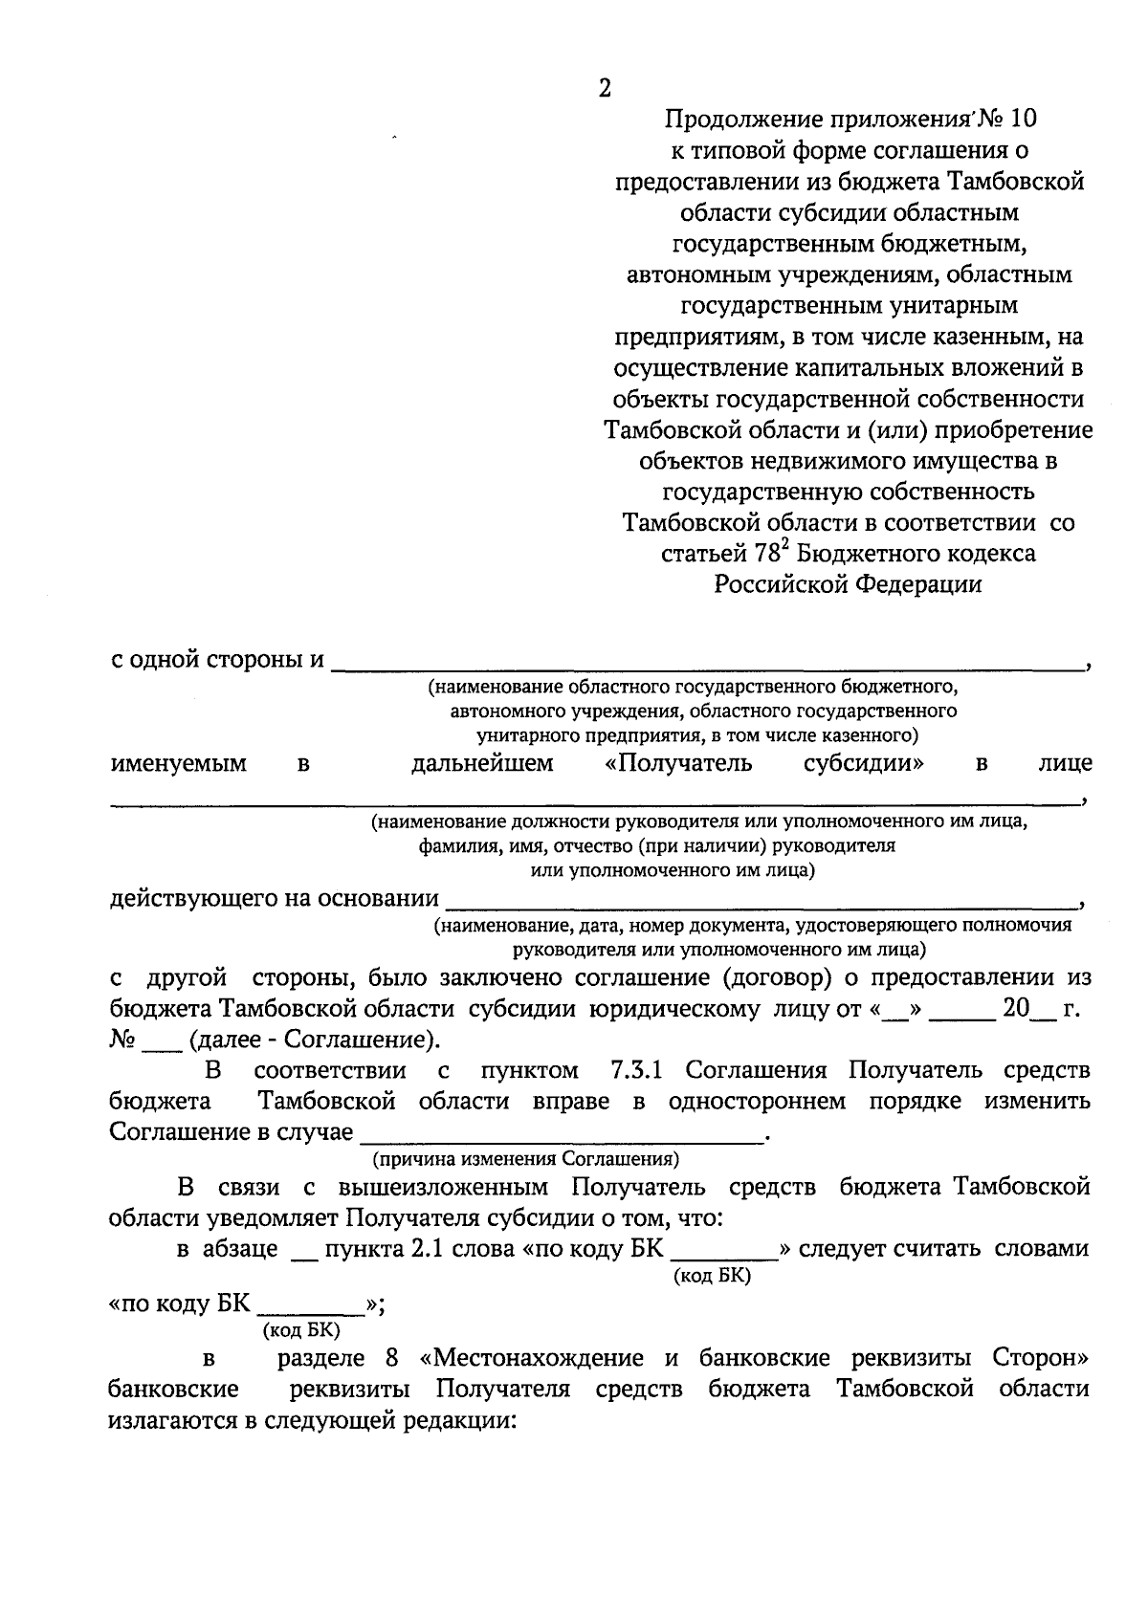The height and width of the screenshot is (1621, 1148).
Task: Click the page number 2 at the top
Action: pos(604,88)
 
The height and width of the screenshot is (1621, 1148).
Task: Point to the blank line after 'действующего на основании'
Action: pos(761,903)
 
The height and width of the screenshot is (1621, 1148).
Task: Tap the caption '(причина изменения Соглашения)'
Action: pos(526,1159)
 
